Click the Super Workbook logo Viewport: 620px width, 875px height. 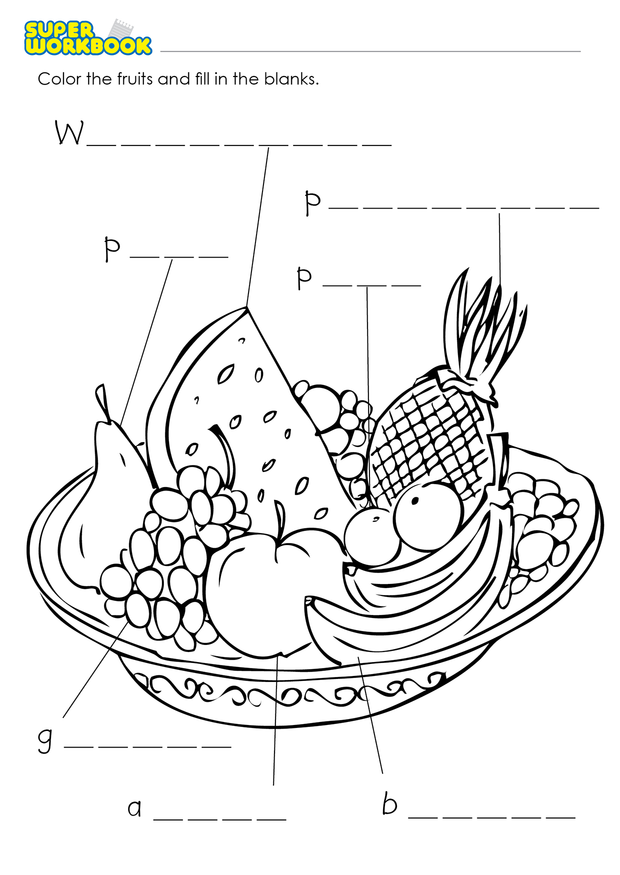88,37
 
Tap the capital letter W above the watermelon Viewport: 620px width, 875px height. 69,133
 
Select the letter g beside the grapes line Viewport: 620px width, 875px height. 45,740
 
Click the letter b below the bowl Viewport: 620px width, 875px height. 390,803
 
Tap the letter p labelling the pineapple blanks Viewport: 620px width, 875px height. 312,202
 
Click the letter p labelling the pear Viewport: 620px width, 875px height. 112,248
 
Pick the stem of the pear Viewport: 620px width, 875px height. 103,402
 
